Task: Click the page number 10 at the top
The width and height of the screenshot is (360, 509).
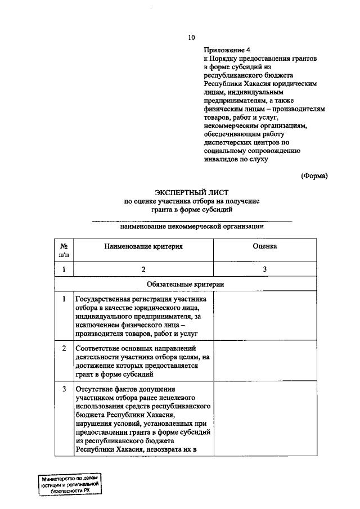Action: (191, 38)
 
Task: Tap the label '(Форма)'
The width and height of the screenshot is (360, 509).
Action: (314, 175)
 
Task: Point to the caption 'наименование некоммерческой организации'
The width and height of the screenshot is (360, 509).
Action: (192, 226)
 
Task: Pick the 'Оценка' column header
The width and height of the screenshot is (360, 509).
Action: (264, 246)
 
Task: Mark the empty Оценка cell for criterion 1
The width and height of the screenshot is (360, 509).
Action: (264, 316)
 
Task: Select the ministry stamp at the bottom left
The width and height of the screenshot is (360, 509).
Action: (69, 484)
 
